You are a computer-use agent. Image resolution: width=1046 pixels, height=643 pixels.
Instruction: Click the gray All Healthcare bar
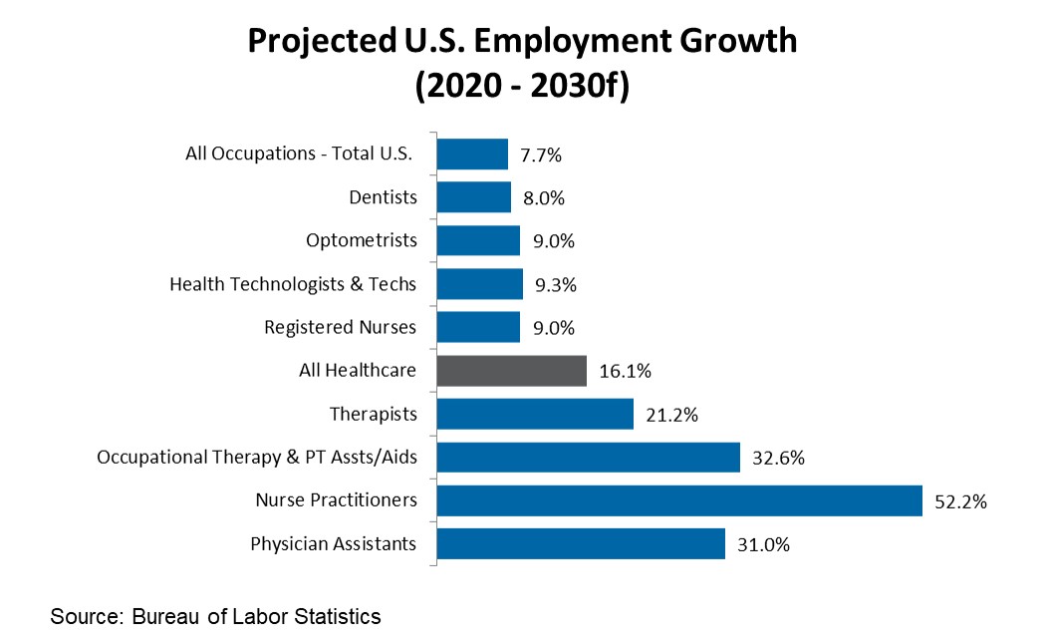coord(511,370)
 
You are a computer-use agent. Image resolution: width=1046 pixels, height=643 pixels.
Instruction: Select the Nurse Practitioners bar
coord(679,500)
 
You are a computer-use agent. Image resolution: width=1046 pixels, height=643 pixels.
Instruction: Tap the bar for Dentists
coord(473,197)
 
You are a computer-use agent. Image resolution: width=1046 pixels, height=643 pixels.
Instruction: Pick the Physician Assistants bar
coord(580,544)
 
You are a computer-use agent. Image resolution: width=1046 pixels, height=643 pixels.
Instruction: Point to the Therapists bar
coord(535,414)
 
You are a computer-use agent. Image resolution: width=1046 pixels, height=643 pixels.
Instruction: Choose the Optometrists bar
coord(478,240)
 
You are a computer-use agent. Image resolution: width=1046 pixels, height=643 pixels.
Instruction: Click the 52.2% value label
coord(960,501)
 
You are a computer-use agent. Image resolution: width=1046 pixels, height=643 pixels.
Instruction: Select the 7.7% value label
coord(541,155)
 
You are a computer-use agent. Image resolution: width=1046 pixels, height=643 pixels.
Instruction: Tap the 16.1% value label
coord(625,371)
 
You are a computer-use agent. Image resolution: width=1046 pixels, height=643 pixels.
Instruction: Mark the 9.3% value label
coord(555,284)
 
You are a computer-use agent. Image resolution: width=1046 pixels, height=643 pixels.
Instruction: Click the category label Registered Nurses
coord(340,327)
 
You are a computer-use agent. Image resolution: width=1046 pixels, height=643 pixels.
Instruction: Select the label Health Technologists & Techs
coord(293,284)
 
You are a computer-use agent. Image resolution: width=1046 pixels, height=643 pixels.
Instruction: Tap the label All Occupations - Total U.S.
coord(299,154)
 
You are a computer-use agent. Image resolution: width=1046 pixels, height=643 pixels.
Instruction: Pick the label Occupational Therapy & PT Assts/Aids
coord(256,458)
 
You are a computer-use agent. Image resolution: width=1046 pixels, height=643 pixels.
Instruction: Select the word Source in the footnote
coord(84,617)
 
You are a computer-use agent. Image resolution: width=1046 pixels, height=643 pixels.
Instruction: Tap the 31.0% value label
coord(763,545)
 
